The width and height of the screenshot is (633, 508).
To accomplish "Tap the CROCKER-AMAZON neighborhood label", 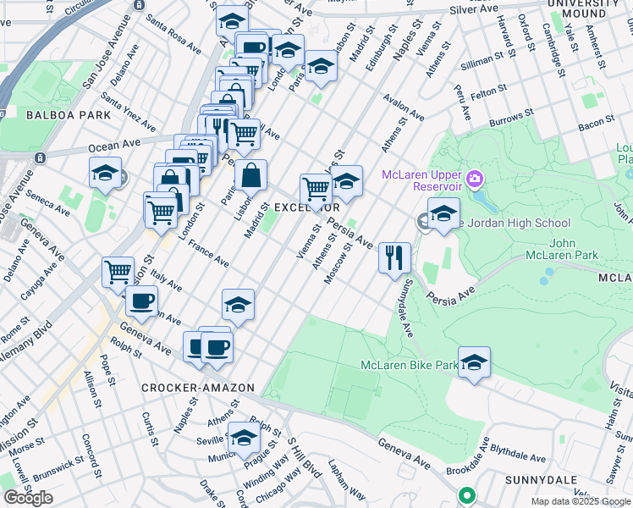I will coord(198,388).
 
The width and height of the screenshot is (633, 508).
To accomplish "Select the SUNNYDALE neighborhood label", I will coord(592,478).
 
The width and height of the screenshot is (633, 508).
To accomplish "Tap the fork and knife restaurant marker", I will coord(394,257).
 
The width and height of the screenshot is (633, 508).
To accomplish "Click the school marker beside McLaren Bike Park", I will coord(475,362).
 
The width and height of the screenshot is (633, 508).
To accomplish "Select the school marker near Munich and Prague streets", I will coord(245,437).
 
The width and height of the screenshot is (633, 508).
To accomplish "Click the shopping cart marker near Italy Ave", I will coord(118,272).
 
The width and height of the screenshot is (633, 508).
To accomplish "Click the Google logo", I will coord(28,498).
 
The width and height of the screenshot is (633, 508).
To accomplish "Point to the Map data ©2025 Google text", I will coord(581,501).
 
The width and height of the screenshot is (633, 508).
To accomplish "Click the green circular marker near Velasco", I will coord(465,495).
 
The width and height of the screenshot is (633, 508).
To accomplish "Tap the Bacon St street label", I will coord(596,124).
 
